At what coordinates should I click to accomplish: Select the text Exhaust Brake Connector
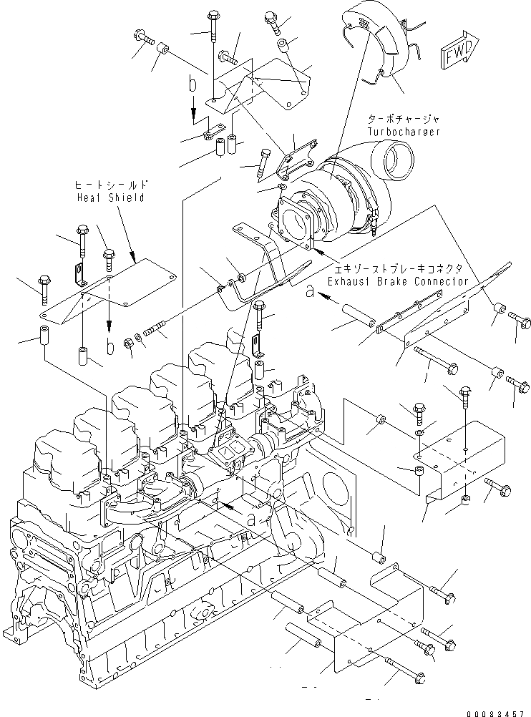coord(398,281)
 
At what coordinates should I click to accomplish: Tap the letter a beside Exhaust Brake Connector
coord(308,291)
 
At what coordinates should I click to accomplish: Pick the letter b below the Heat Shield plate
coord(109,348)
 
